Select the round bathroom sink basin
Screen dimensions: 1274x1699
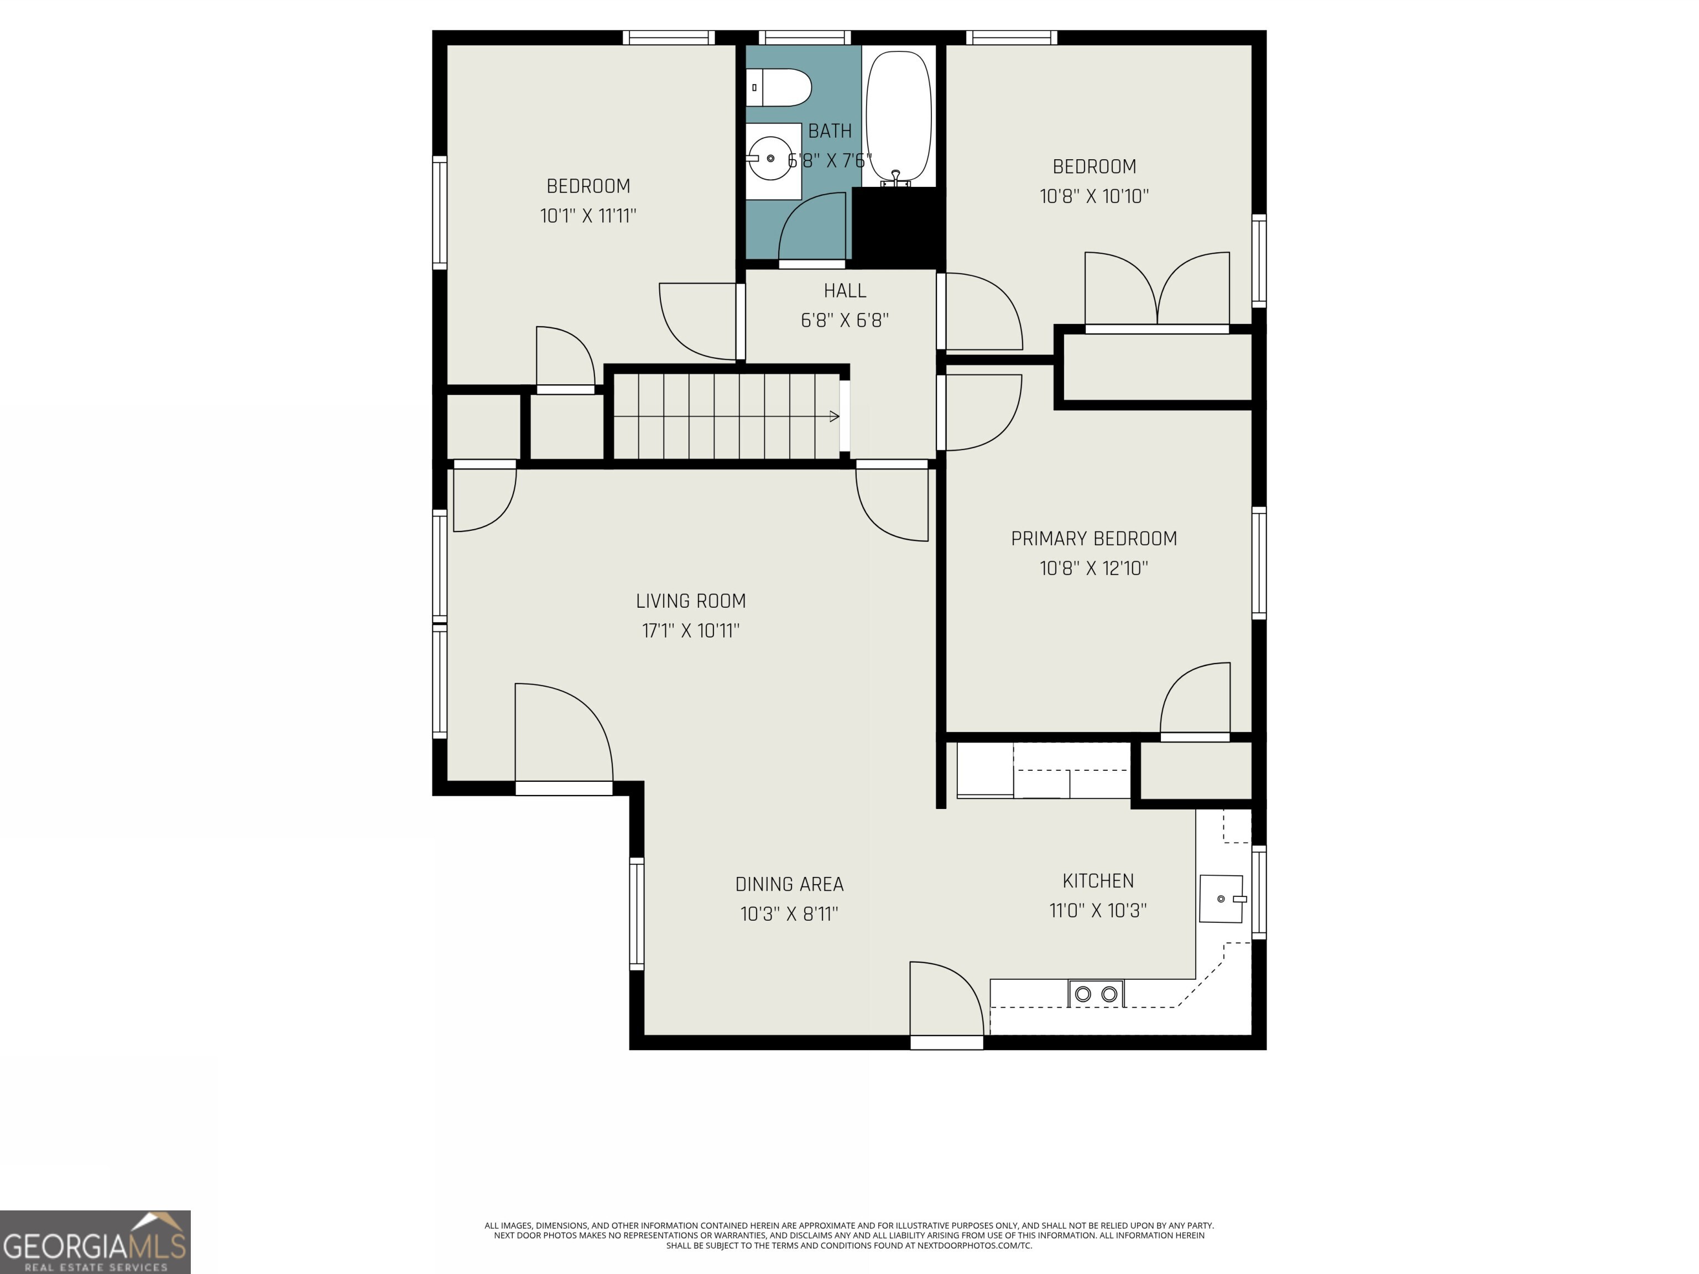(x=770, y=158)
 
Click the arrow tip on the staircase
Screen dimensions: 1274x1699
(x=835, y=416)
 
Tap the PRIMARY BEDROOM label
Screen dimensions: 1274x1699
(x=1094, y=539)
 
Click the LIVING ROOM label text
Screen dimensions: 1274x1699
(x=691, y=601)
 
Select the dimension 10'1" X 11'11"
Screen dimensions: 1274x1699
(x=588, y=216)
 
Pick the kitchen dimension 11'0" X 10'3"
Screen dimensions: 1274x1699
(x=1098, y=910)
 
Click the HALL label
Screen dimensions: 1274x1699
(x=845, y=290)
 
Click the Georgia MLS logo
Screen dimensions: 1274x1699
(x=95, y=1242)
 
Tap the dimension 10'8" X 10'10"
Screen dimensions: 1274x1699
(x=1094, y=196)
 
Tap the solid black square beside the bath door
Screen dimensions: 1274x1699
(x=898, y=227)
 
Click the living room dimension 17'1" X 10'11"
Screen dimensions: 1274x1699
(x=691, y=630)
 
